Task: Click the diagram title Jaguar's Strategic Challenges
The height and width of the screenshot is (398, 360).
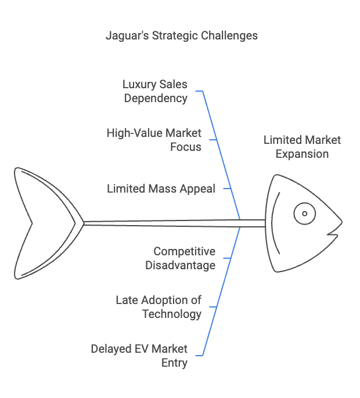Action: pos(181,35)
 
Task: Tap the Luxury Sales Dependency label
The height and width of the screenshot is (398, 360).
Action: pos(154,91)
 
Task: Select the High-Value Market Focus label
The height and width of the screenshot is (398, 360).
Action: pos(154,140)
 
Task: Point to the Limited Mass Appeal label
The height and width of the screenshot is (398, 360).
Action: pos(161,189)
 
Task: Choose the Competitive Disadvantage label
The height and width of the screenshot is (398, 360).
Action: pos(184,258)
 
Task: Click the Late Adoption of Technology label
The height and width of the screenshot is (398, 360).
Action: pos(158,307)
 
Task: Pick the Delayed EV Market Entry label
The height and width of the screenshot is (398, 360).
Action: pos(139,356)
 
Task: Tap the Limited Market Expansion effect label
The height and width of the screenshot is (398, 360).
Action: pos(302,147)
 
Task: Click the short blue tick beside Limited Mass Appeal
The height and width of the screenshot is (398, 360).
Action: pos(228,189)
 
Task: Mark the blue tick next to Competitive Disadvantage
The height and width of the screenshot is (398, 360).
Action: pos(228,258)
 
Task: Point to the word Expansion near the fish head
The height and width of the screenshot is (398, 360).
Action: pos(302,154)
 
